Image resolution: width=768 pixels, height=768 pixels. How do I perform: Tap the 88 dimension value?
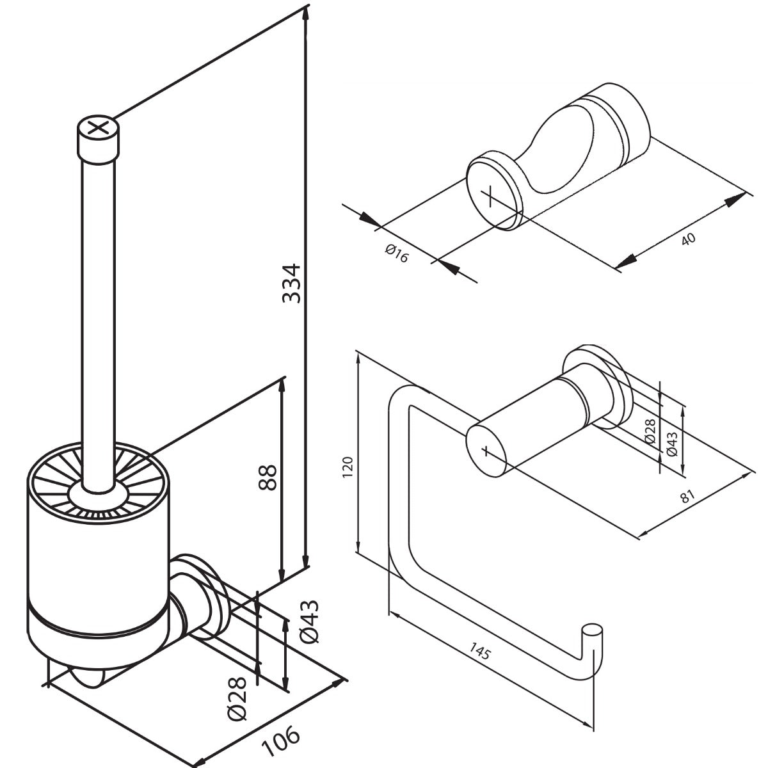268,477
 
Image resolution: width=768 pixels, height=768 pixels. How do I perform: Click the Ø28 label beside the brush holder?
237,698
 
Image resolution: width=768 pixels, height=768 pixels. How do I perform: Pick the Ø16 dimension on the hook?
397,255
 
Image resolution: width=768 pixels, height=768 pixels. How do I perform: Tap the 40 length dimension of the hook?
688,239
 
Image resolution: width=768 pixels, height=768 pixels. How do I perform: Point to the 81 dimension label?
687,496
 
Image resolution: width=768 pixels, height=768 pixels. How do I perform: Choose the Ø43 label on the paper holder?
671,442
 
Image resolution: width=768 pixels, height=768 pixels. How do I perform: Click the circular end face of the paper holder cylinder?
488,451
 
